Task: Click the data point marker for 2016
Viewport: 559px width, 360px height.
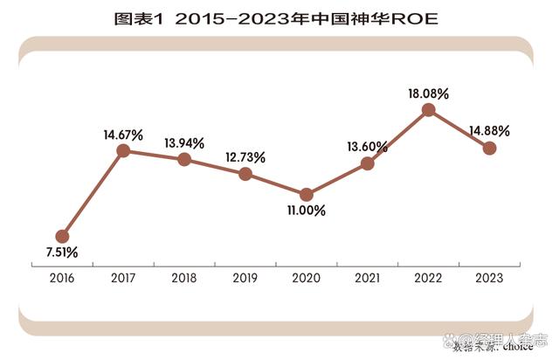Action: pos(62,236)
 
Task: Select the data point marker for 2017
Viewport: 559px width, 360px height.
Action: pos(123,150)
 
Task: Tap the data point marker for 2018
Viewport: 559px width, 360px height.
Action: pos(184,159)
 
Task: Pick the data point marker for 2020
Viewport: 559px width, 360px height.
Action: pos(307,194)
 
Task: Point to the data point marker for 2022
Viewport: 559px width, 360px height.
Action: pos(428,109)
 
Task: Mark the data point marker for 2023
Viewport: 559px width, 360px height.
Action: pos(489,148)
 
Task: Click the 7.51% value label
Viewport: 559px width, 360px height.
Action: pos(62,253)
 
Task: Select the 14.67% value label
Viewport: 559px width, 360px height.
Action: pos(123,134)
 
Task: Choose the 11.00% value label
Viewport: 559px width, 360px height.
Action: pos(307,211)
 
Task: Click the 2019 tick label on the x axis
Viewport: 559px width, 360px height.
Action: pos(245,278)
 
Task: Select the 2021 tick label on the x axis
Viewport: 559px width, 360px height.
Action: pos(367,278)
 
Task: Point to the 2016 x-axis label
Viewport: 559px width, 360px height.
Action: pos(62,278)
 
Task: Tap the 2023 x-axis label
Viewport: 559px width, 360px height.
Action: pos(489,278)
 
